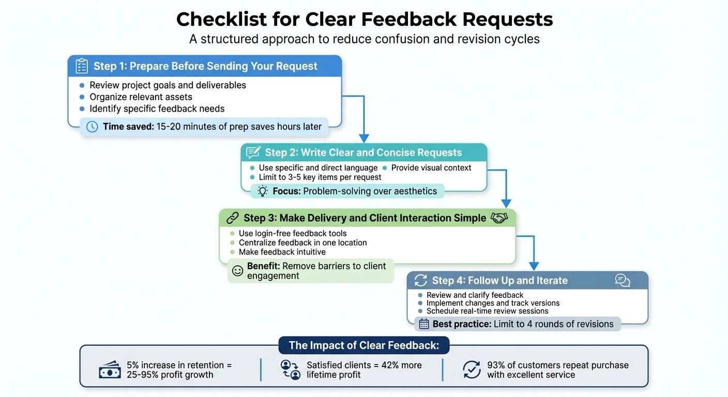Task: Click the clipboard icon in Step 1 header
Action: click(81, 66)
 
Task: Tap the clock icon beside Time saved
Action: click(92, 127)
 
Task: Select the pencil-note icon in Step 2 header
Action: click(253, 152)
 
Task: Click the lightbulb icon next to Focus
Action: click(263, 191)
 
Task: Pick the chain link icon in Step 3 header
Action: click(232, 218)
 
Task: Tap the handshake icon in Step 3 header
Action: click(499, 218)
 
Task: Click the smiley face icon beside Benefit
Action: click(237, 271)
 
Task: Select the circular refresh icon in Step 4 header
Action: click(421, 280)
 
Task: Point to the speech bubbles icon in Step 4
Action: click(623, 280)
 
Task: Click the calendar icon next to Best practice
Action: click(424, 324)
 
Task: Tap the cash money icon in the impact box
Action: click(110, 370)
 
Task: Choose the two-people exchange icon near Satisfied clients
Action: click(290, 370)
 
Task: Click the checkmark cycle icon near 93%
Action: click(471, 370)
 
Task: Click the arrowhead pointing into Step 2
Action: click(364, 139)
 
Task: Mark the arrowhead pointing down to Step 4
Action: click(534, 266)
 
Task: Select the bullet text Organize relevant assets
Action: click(141, 97)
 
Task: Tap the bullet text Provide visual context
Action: click(431, 167)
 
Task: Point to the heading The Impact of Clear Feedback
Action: click(364, 345)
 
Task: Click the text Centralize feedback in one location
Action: click(302, 242)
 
